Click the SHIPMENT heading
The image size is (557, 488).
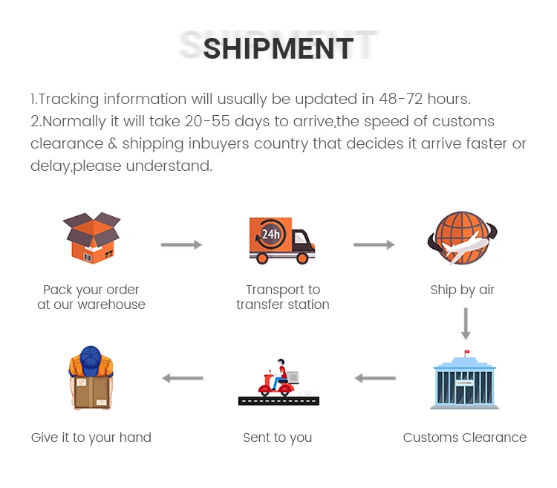click(278, 48)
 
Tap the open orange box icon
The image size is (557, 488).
click(91, 237)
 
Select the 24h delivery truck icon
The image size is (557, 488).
click(281, 240)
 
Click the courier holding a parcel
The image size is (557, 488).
click(91, 378)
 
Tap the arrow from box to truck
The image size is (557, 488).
click(182, 244)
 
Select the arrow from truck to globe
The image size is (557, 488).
click(374, 244)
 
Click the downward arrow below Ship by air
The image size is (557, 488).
click(466, 323)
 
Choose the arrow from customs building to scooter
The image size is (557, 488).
click(374, 378)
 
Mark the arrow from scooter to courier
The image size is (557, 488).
click(182, 378)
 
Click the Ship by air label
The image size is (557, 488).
click(462, 290)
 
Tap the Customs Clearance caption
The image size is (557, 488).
click(464, 437)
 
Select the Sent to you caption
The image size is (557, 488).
click(277, 437)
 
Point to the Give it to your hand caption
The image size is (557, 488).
click(91, 437)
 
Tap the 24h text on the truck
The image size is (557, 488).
click(270, 234)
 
